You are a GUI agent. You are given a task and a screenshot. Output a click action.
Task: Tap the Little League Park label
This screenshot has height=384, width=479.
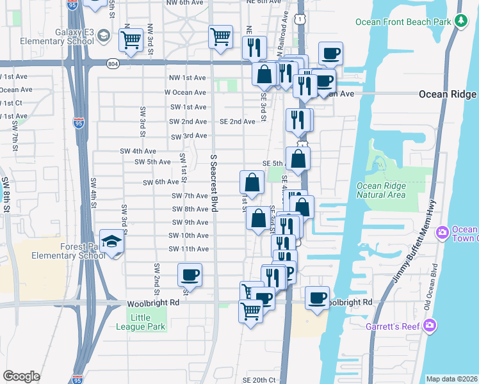tap(141, 322)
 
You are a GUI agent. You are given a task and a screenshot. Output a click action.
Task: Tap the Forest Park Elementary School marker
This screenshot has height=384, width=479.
tap(113, 242)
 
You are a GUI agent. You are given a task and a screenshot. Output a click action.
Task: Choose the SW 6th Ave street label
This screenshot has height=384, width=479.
tap(162, 182)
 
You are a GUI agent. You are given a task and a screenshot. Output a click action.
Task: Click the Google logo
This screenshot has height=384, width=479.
tap(21, 376)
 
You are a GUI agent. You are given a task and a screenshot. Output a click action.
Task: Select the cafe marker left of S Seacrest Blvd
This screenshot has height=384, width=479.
tap(190, 275)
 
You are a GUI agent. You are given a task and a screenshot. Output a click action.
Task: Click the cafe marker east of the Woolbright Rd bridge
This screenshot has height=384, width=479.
tap(317, 298)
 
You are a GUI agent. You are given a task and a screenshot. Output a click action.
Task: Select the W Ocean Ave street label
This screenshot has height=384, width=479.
tap(185, 92)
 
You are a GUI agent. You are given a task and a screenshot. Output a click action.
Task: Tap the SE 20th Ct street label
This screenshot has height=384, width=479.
tap(259, 380)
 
